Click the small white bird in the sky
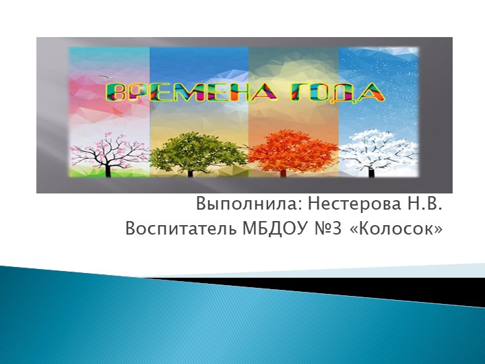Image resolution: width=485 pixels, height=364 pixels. pos(102,76)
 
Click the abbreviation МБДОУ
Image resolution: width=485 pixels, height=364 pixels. pos(264,229)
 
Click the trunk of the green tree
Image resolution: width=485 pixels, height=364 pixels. pos(190,171)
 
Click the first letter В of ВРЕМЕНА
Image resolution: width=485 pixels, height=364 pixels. pos(118,92)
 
